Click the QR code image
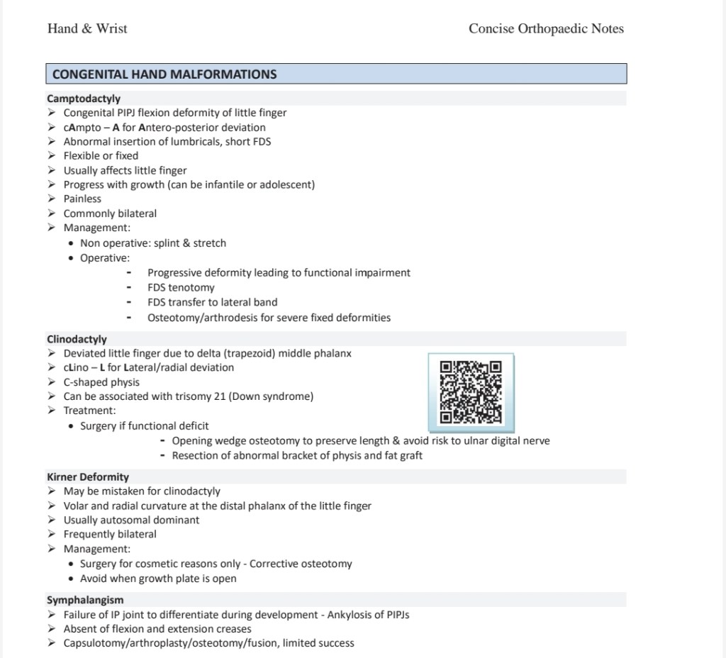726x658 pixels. point(471,393)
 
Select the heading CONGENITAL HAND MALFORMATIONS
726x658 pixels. point(164,74)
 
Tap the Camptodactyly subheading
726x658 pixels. point(84,99)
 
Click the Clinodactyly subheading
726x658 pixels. point(77,339)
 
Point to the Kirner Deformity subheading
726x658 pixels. point(88,477)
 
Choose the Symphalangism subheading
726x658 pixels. point(85,600)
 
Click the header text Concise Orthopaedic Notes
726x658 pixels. point(546,29)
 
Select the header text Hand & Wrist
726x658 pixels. point(87,29)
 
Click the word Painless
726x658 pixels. point(82,199)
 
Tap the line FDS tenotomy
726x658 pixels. point(181,288)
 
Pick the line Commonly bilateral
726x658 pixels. point(110,213)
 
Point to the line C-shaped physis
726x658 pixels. point(101,382)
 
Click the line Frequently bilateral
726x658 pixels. point(110,535)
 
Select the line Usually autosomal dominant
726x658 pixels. point(131,520)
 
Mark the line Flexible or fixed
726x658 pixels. point(101,156)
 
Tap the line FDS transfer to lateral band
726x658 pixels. point(213,302)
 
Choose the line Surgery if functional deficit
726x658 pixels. point(144,426)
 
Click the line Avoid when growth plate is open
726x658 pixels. point(158,579)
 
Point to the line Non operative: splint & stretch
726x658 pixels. point(153,243)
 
